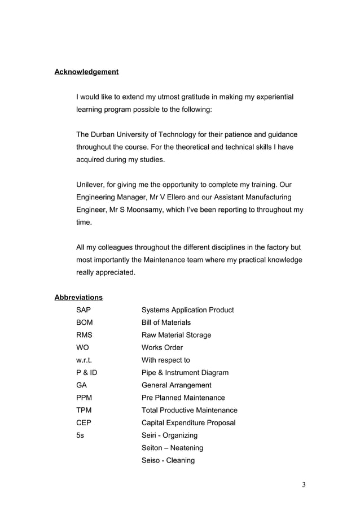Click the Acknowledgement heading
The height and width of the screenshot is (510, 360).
point(86,72)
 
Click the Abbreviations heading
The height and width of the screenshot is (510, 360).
point(78,297)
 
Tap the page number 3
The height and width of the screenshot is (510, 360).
point(303,485)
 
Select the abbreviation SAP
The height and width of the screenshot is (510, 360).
point(83,310)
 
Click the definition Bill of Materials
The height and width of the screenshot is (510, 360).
point(166,322)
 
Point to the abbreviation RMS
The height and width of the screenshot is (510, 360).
point(84,335)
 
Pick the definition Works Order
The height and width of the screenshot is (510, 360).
point(162,347)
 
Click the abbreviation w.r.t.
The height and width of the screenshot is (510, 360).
point(85,360)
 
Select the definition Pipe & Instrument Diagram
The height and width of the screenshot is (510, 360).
point(185,373)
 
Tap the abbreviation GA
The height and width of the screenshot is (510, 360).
point(82,385)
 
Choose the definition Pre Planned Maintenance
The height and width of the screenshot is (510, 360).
point(183,398)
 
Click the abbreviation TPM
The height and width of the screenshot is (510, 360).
point(84,410)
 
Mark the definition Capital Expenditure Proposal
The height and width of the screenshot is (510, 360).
point(188,422)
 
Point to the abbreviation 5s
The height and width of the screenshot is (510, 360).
point(81,435)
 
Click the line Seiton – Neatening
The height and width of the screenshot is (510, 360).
point(172,448)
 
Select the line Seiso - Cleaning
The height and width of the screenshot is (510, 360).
point(168,460)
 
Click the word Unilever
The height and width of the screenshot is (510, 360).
point(91,185)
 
